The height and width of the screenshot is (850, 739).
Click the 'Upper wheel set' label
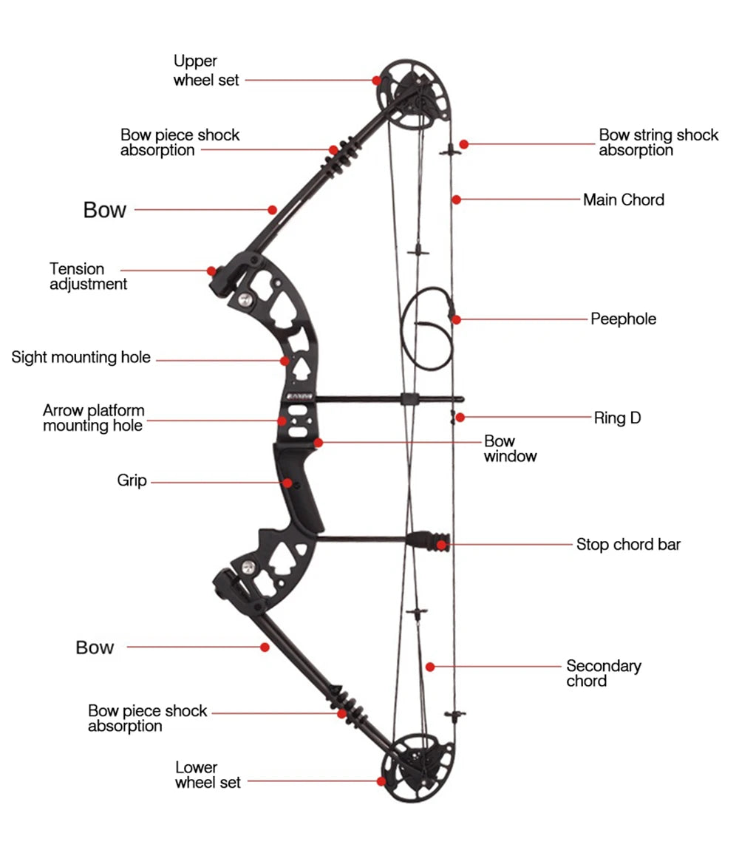point(206,71)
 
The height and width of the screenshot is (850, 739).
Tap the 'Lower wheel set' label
point(208,774)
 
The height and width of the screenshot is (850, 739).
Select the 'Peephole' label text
point(623,319)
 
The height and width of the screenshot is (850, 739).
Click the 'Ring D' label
point(617,418)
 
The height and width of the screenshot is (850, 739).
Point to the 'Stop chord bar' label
point(628,545)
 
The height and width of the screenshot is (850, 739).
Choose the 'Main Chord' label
point(623,200)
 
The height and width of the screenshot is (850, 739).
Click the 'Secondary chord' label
point(603,673)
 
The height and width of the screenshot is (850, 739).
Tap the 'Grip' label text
point(132,481)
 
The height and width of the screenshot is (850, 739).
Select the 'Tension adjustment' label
point(88,276)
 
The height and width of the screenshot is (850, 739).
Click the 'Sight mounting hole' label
point(81,358)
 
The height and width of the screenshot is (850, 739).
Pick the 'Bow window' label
point(510,449)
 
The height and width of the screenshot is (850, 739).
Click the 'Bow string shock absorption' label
point(658,143)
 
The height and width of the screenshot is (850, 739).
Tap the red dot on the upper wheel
point(377,80)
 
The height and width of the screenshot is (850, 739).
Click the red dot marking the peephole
point(457,319)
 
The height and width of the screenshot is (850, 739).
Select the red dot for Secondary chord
point(430,667)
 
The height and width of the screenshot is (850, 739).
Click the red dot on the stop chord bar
point(441,545)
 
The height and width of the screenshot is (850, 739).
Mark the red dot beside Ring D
point(460,418)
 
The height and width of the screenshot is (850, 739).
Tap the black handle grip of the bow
point(299,488)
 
